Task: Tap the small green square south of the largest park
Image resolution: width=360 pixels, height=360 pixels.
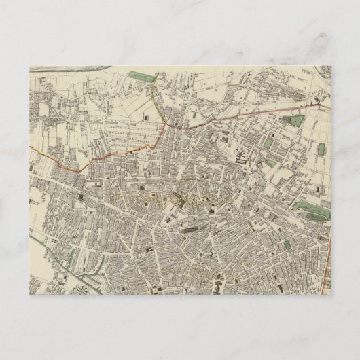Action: pyautogui.click(x=287, y=245)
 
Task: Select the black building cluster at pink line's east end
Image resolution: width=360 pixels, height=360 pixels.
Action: pyautogui.click(x=316, y=101)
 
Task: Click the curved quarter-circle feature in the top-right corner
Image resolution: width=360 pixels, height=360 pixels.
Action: pyautogui.click(x=325, y=71)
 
